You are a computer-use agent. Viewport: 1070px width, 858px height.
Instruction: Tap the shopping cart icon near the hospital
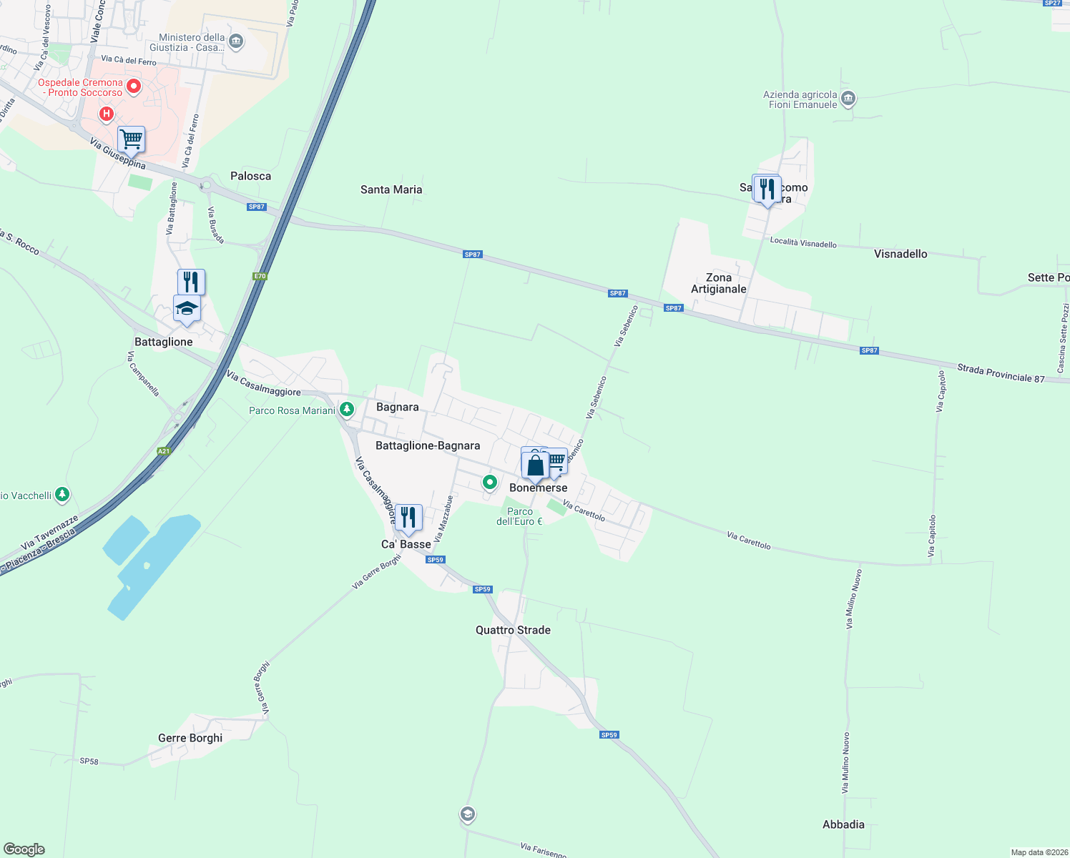pyautogui.click(x=132, y=139)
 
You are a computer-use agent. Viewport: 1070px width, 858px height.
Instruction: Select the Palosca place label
pyautogui.click(x=250, y=176)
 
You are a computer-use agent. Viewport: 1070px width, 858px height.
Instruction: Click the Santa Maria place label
pyautogui.click(x=391, y=189)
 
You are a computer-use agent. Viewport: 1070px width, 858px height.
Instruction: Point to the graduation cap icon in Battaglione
pyautogui.click(x=187, y=309)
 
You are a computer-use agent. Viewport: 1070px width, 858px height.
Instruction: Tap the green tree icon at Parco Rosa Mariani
pyautogui.click(x=347, y=410)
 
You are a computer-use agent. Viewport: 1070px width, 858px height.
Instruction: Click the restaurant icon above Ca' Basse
pyautogui.click(x=408, y=517)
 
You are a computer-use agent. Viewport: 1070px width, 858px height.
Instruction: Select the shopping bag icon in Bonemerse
pyautogui.click(x=535, y=466)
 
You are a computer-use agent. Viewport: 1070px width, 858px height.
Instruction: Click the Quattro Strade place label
pyautogui.click(x=513, y=630)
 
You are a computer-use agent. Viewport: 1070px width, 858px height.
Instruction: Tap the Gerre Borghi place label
pyautogui.click(x=190, y=738)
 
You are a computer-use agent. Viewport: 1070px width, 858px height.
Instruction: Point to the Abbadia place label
pyautogui.click(x=843, y=824)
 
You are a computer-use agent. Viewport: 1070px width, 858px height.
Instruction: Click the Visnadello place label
pyautogui.click(x=900, y=254)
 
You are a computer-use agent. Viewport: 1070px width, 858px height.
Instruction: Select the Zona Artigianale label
pyautogui.click(x=719, y=283)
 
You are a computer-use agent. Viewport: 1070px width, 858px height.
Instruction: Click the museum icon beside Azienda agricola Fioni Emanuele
pyautogui.click(x=848, y=99)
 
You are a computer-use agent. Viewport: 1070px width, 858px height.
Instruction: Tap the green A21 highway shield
pyautogui.click(x=164, y=451)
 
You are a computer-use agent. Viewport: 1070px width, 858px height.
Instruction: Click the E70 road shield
pyautogui.click(x=260, y=276)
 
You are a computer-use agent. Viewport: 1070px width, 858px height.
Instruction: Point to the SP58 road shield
pyautogui.click(x=89, y=761)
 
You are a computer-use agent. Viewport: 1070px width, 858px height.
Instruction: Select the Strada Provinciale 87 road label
pyautogui.click(x=1001, y=373)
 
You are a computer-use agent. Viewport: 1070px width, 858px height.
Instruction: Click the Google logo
pyautogui.click(x=24, y=849)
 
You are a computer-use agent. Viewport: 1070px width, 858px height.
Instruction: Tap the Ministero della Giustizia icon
pyautogui.click(x=236, y=42)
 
